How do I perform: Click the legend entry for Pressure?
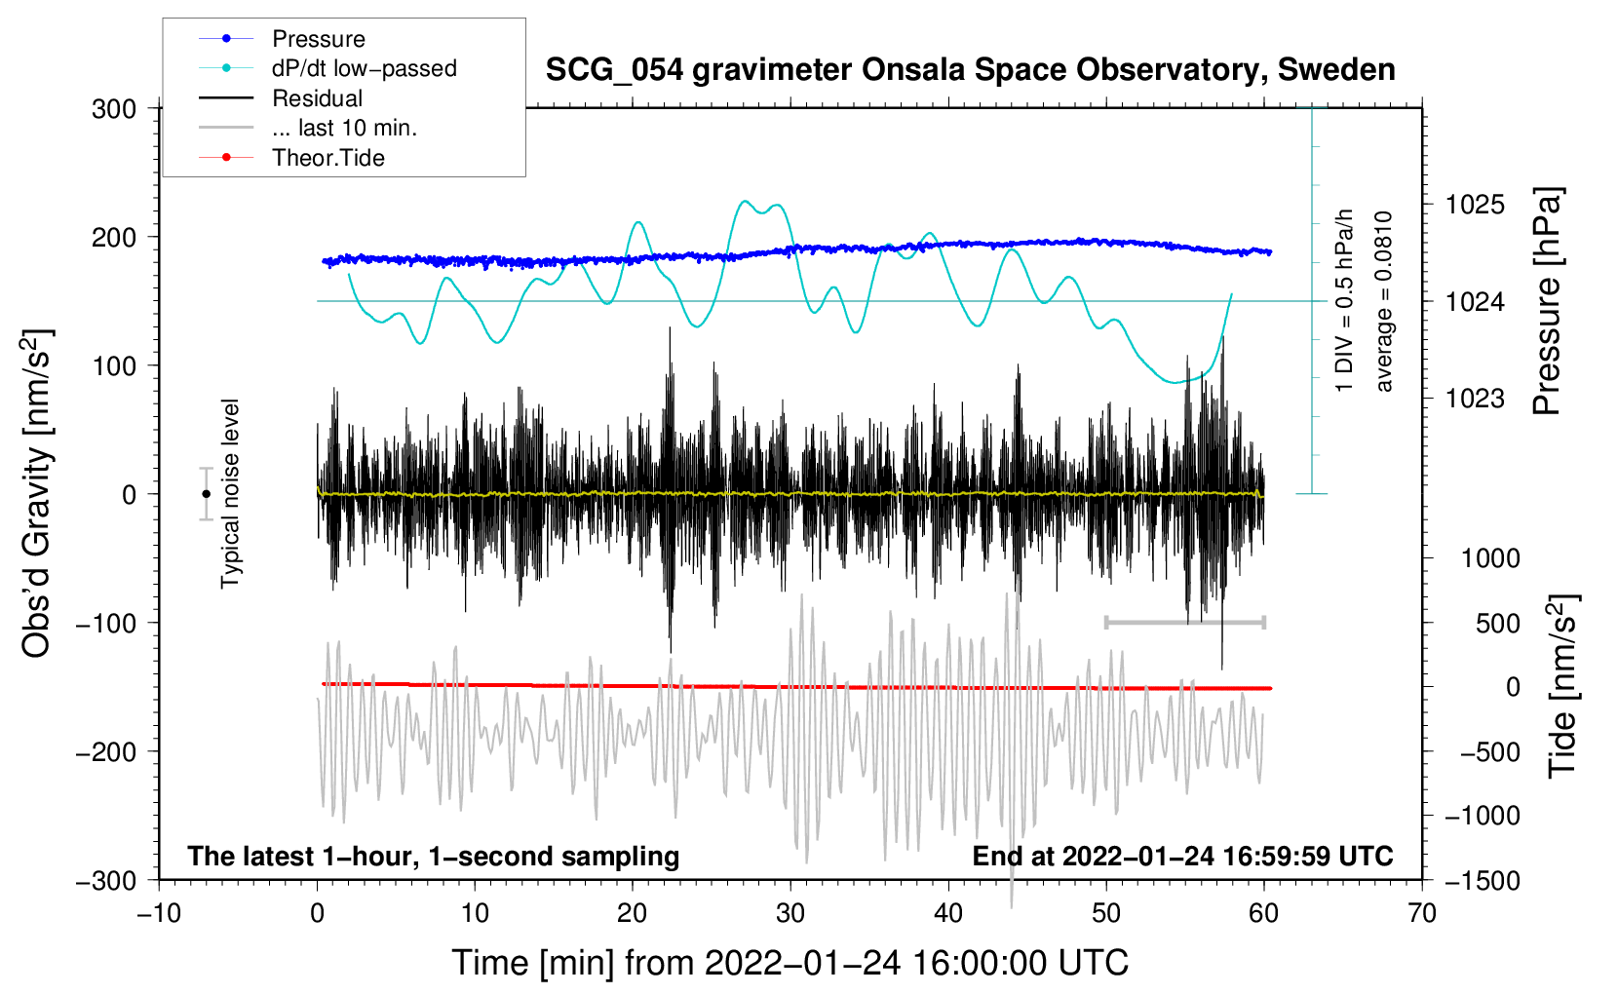click(x=282, y=38)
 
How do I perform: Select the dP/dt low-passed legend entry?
click(x=327, y=68)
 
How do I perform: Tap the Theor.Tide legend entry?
click(x=291, y=158)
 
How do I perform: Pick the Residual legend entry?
click(x=281, y=98)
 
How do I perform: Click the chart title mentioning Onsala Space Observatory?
click(x=970, y=69)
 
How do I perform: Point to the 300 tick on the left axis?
click(x=114, y=109)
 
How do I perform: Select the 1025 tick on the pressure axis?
click(x=1475, y=205)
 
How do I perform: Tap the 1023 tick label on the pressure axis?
click(x=1475, y=398)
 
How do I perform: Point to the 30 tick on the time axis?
click(x=790, y=914)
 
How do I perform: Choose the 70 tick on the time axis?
click(x=1421, y=914)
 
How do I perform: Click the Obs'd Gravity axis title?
click(x=36, y=494)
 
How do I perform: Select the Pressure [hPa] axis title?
click(x=1547, y=301)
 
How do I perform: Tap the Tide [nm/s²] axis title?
click(x=1563, y=686)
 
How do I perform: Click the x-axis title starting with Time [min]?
click(x=790, y=963)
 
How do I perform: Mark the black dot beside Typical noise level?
click(x=206, y=494)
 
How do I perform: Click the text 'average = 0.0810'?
click(x=1383, y=301)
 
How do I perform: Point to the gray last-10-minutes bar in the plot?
click(x=1184, y=622)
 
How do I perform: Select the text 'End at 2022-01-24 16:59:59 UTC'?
click(x=1182, y=856)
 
